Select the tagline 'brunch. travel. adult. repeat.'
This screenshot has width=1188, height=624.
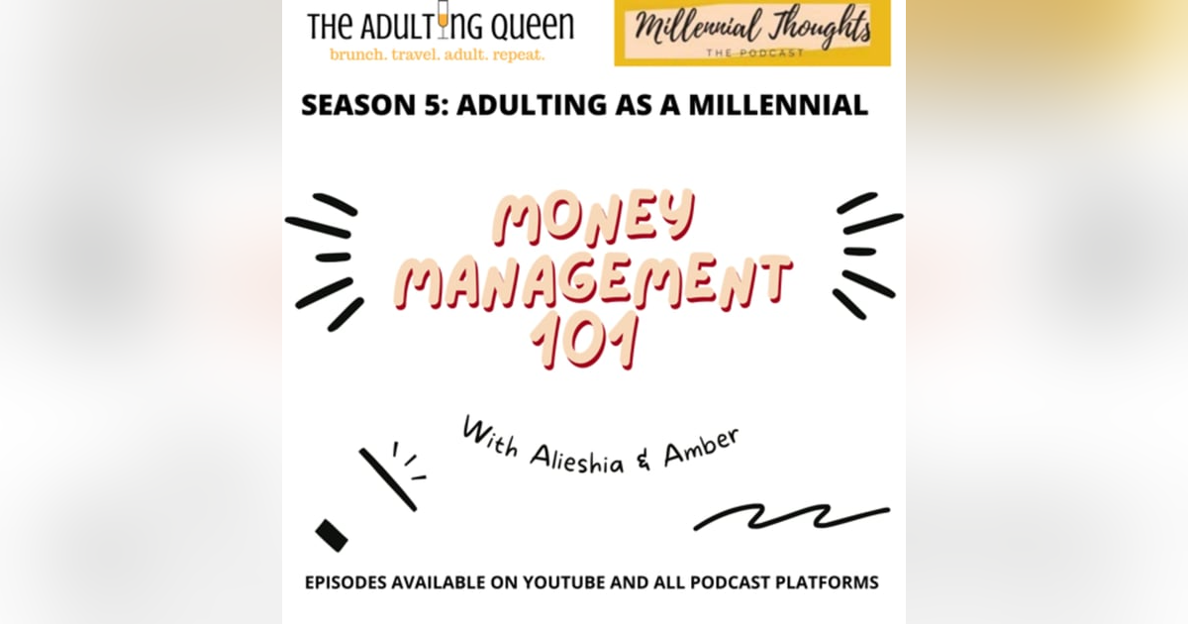[437, 53]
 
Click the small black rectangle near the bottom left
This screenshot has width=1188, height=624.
[332, 535]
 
